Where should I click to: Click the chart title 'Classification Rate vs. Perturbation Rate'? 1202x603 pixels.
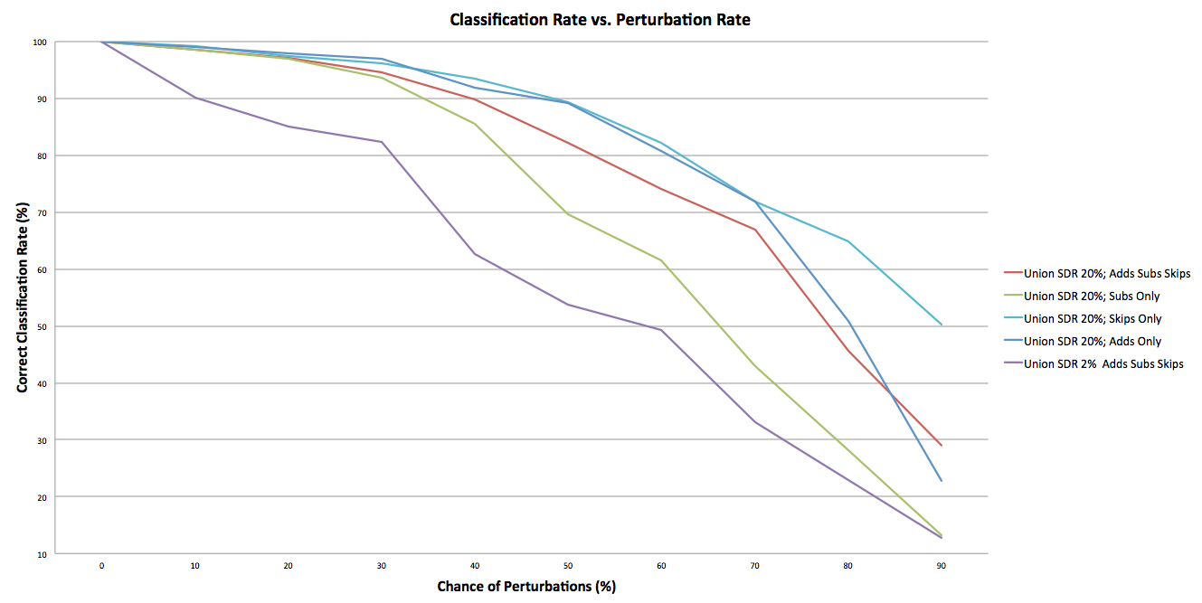tap(600, 19)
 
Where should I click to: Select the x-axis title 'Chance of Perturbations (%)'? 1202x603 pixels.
tap(526, 586)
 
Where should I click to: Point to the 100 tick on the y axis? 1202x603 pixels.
tap(40, 42)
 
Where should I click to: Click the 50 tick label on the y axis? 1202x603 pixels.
tap(42, 326)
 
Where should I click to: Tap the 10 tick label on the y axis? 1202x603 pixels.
tap(42, 553)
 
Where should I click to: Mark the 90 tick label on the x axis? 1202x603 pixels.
tap(942, 565)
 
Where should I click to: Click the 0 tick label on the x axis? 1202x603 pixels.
tap(101, 565)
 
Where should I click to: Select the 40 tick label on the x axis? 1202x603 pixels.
tap(475, 565)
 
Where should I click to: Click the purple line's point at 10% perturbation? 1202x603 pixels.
tap(195, 98)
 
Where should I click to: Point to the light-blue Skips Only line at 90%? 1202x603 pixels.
tap(942, 325)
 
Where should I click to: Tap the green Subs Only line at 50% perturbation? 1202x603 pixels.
tap(568, 213)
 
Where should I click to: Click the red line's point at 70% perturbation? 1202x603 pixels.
tap(754, 230)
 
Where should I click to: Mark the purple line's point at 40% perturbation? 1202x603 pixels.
tap(475, 254)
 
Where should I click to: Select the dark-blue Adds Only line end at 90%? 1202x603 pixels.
tap(942, 481)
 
